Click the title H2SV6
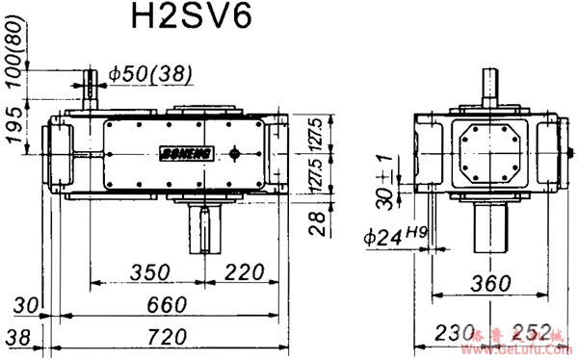189,21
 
